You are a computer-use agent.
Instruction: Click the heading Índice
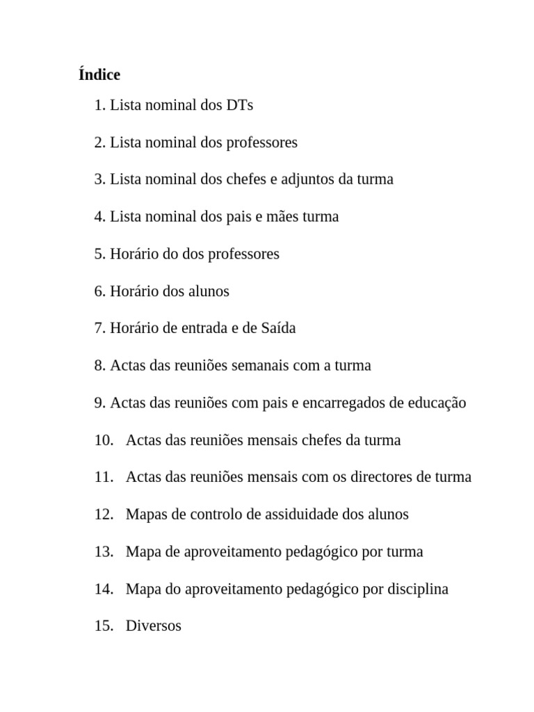[x=99, y=74]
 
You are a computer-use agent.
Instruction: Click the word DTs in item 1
[x=240, y=105]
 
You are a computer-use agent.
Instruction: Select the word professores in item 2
[x=261, y=143]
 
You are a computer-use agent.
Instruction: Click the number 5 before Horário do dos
[x=99, y=254]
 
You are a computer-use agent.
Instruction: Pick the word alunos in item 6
[x=208, y=291]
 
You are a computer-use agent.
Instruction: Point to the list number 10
[x=103, y=440]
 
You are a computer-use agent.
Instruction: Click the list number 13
[x=103, y=552]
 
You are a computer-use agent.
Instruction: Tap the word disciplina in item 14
[x=415, y=589]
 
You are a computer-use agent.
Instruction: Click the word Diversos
[x=154, y=626]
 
